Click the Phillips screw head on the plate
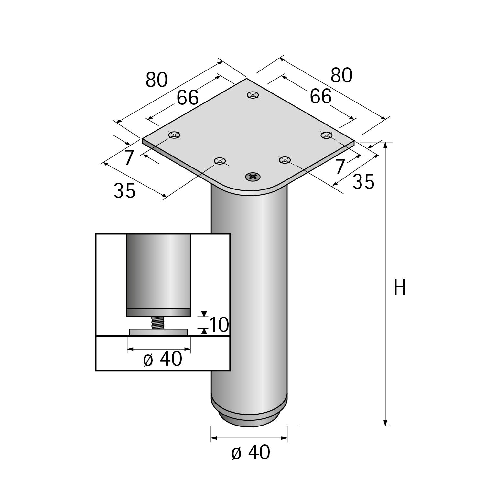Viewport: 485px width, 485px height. click(253, 177)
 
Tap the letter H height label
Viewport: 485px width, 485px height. click(400, 287)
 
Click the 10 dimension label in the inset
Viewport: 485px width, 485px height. click(219, 325)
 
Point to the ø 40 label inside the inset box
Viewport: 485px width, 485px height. click(163, 359)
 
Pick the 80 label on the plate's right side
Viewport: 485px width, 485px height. click(341, 75)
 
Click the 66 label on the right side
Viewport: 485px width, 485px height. click(321, 96)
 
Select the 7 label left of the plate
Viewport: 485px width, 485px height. click(129, 158)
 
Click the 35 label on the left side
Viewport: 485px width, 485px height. click(124, 190)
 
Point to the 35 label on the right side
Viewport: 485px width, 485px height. click(363, 181)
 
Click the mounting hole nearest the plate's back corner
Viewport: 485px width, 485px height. click(253, 95)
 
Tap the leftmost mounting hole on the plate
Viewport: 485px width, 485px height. click(174, 135)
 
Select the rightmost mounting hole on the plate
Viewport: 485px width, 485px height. click(327, 135)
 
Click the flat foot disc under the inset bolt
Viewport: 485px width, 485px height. click(158, 332)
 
